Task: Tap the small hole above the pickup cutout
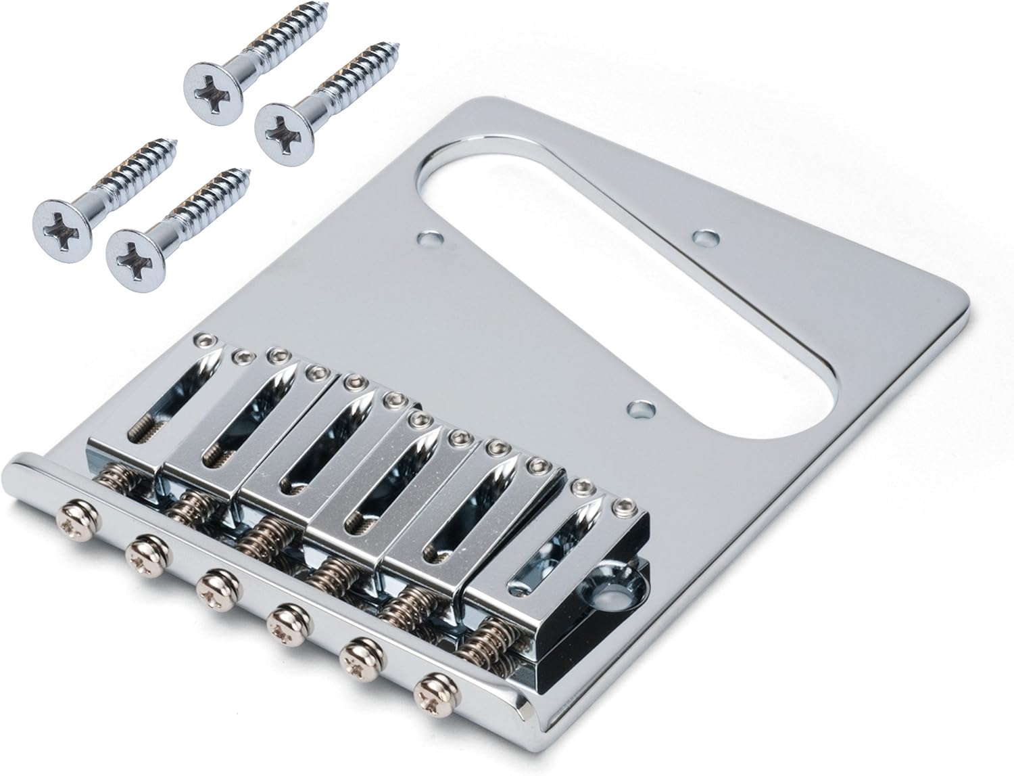(x=706, y=238)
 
